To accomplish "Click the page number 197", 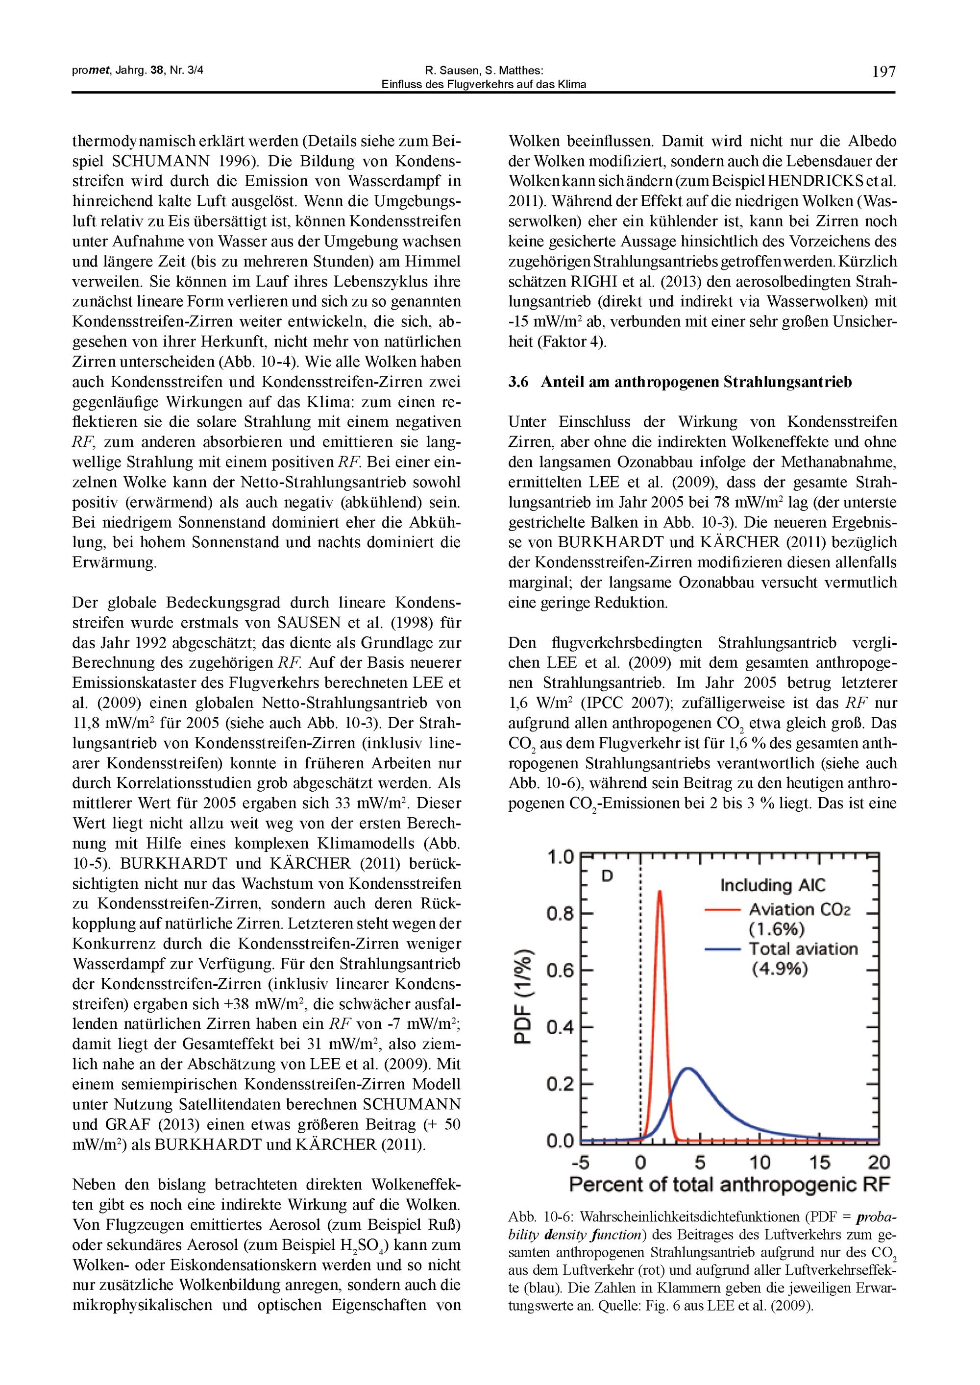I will (883, 73).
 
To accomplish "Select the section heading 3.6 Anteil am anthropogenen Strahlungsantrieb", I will (680, 383).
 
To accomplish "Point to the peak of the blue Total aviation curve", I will (688, 1069).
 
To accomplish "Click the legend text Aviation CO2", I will (800, 909).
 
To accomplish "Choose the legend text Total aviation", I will (803, 949).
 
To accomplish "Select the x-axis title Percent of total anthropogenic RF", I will (730, 1185).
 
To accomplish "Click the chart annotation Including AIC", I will (772, 886).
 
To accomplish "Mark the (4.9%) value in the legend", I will (780, 970).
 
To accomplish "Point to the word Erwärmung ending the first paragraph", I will (114, 563).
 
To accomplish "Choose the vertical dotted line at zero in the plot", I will (640, 996).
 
